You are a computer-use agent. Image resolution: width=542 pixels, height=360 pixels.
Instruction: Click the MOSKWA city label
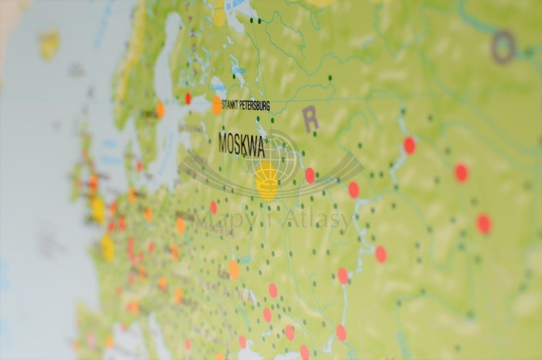241,145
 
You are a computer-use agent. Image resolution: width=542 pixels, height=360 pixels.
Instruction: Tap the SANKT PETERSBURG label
246,106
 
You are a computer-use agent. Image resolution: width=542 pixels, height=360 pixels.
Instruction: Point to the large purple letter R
311,119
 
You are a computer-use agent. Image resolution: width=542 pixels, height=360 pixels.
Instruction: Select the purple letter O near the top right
504,46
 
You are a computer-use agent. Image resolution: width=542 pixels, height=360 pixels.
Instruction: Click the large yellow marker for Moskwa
267,180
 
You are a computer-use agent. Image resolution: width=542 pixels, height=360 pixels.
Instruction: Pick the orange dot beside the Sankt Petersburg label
217,106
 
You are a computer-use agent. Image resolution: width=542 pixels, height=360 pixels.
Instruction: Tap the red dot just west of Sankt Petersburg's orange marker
188,98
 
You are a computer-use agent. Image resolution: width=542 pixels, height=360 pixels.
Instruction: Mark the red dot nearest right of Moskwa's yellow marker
310,175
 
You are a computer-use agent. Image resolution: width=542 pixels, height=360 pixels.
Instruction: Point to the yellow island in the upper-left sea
49,44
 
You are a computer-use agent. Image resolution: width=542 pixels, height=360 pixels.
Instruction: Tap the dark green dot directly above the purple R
330,77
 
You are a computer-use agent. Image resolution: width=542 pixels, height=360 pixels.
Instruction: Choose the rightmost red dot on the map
483,223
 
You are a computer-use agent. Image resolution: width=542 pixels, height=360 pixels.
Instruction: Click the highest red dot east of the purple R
409,145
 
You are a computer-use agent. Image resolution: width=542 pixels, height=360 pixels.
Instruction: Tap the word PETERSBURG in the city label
255,106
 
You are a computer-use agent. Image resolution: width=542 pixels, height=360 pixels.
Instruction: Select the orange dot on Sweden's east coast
160,111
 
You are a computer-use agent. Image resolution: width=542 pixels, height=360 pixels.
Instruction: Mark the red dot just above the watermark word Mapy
213,207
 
